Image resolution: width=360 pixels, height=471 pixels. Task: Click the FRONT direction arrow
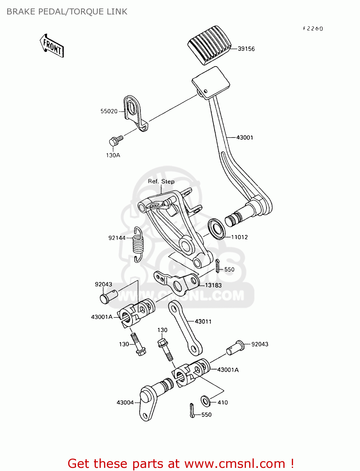[x=52, y=46]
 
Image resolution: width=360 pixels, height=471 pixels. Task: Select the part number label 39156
[x=246, y=49]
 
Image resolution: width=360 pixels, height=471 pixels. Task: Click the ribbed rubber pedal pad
[x=210, y=45]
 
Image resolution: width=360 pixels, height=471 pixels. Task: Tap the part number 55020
[x=109, y=111]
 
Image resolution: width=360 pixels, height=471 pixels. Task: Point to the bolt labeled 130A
[x=115, y=140]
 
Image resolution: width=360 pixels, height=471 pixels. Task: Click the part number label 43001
[x=244, y=138]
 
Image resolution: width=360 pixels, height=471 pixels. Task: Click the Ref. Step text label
[x=161, y=181]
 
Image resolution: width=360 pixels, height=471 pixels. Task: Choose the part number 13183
[x=213, y=285]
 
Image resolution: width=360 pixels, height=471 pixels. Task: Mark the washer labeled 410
[x=205, y=401]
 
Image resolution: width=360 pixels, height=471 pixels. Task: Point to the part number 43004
[x=125, y=403]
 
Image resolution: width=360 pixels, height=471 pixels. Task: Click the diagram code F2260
[x=313, y=29]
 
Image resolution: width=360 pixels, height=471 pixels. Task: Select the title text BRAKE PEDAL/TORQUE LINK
[x=67, y=12]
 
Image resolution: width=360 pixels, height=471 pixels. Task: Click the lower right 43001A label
[x=228, y=370]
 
